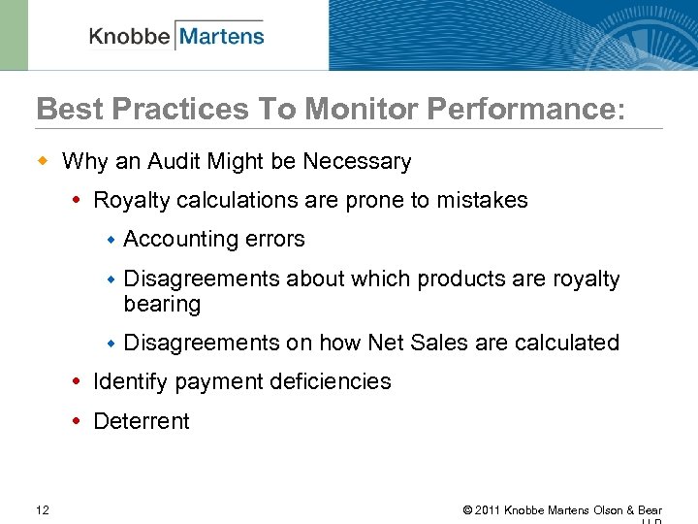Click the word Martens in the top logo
point(221,36)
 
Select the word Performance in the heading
point(522,109)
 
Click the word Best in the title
point(66,109)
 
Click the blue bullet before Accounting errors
point(111,239)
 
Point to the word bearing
point(162,304)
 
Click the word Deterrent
point(141,421)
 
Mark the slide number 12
point(43,509)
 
